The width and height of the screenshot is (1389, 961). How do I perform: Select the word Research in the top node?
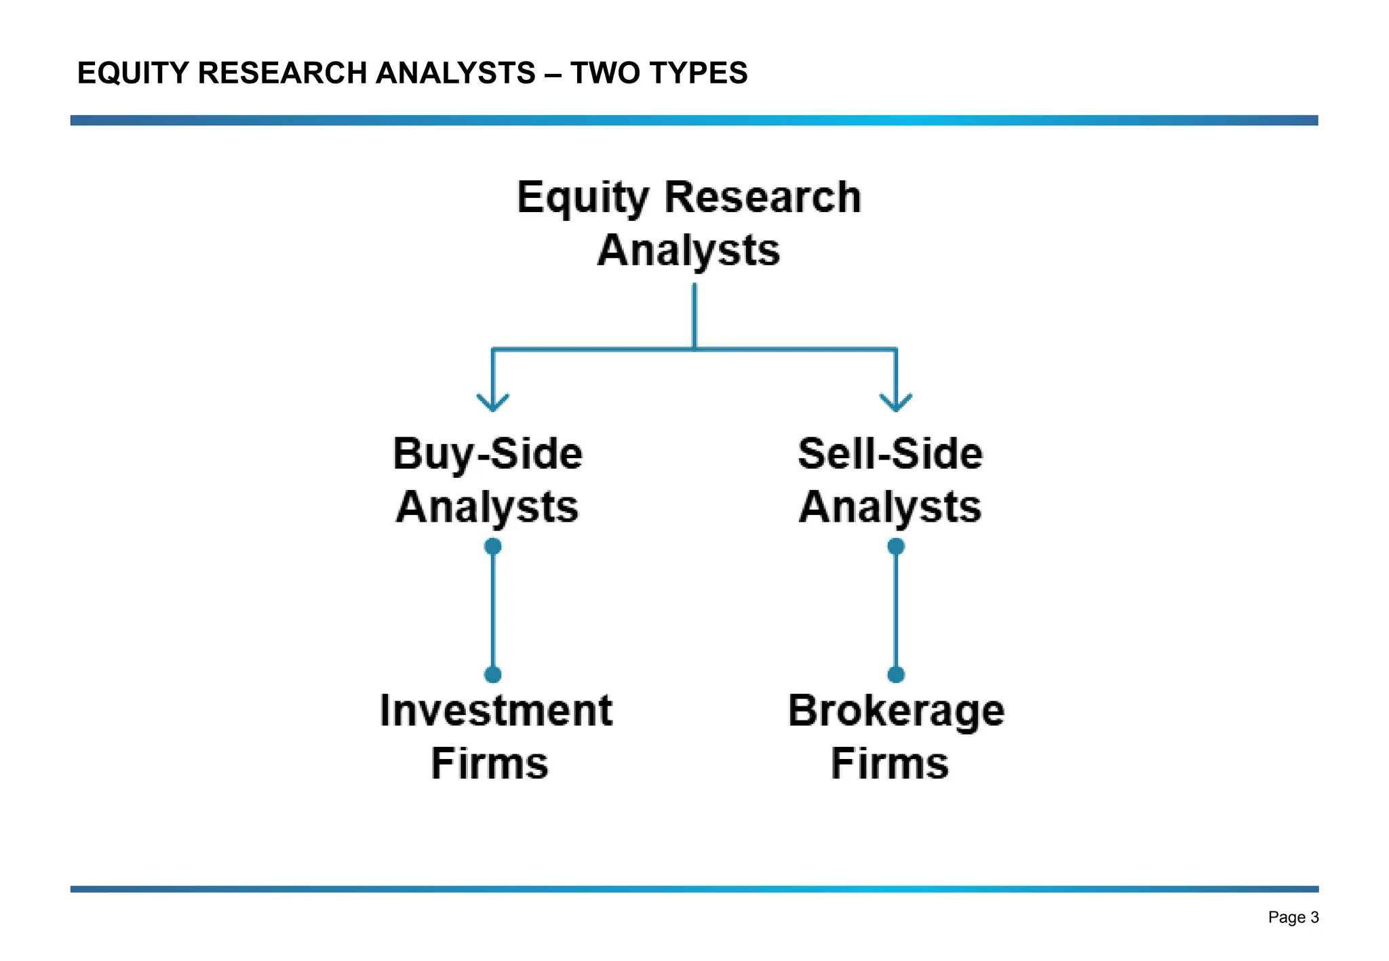(x=762, y=197)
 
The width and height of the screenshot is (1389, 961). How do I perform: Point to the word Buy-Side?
(x=488, y=453)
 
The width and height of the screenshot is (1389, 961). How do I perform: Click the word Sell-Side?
(x=890, y=453)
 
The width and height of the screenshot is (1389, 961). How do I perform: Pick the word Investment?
(x=496, y=710)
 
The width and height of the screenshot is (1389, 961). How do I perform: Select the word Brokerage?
(x=896, y=712)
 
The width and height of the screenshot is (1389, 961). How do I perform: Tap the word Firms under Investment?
(x=490, y=763)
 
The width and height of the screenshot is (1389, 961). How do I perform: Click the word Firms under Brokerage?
(x=890, y=763)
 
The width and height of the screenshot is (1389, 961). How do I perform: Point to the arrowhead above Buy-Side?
(x=493, y=403)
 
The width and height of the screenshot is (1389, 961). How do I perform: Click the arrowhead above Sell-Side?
(x=896, y=403)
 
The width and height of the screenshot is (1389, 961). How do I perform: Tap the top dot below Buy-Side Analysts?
(x=493, y=546)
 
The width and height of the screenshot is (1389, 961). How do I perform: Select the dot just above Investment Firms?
(x=493, y=674)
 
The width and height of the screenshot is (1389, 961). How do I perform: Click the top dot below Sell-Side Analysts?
(x=896, y=546)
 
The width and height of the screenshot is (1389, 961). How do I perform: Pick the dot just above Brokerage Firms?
(x=896, y=674)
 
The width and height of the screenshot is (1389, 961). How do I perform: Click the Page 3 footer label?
(x=1293, y=917)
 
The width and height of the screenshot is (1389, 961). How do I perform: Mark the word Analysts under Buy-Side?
(x=488, y=507)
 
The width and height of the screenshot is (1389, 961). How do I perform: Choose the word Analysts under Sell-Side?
(x=890, y=507)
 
